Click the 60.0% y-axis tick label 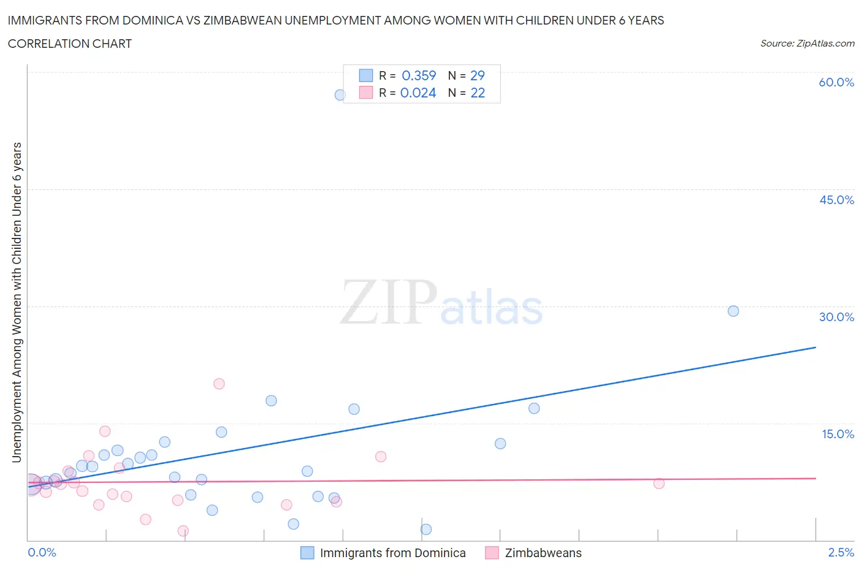click(x=836, y=82)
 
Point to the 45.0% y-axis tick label click(x=836, y=200)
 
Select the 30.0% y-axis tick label click(x=836, y=317)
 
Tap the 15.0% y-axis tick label click(x=837, y=434)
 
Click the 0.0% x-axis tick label click(x=42, y=552)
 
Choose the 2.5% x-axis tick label click(x=841, y=552)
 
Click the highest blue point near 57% click(x=340, y=95)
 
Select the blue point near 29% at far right click(x=733, y=311)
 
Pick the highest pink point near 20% click(x=219, y=384)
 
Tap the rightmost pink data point click(x=659, y=483)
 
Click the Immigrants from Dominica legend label click(x=392, y=553)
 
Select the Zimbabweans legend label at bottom click(x=543, y=553)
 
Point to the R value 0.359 click(x=419, y=75)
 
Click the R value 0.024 click(x=418, y=93)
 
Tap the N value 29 click(x=477, y=75)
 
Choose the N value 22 click(x=477, y=93)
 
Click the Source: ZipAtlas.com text click(x=807, y=44)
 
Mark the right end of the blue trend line click(x=815, y=348)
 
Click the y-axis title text click(x=17, y=302)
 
